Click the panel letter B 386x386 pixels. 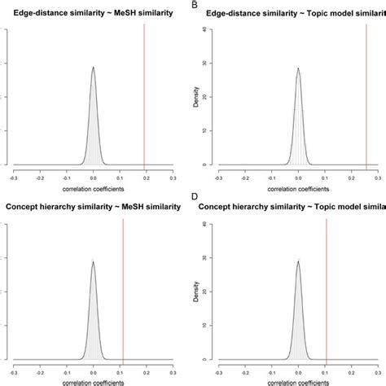pos(196,6)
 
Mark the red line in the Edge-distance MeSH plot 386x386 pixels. pos(144,98)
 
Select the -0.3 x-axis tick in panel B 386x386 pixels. pos(219,176)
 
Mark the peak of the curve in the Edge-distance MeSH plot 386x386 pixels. pos(93,68)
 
